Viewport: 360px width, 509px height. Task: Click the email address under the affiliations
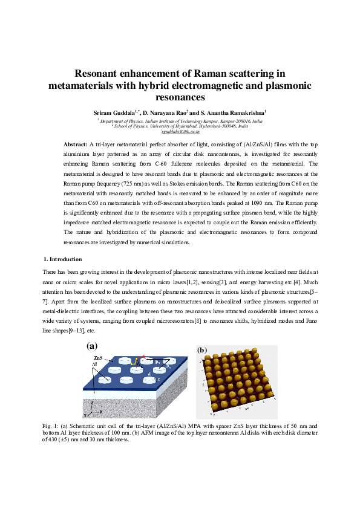(x=180, y=132)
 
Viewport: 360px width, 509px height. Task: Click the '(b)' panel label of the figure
(x=202, y=349)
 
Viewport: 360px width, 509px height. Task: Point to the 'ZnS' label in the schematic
(x=98, y=358)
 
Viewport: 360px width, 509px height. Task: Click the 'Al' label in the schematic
(x=94, y=365)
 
